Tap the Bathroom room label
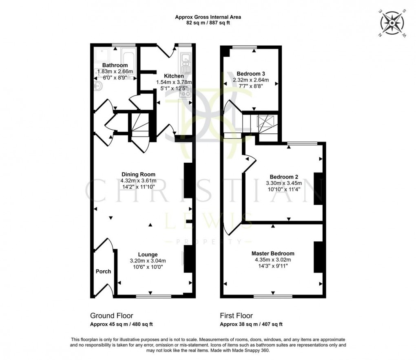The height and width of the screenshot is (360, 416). click(115, 65)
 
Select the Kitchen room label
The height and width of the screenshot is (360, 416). click(174, 76)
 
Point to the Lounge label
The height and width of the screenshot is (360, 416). click(148, 254)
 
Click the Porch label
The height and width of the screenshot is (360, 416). click(103, 272)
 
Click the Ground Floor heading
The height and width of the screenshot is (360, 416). click(111, 316)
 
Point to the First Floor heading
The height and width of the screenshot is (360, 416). click(236, 316)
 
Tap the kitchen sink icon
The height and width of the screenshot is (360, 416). click(186, 61)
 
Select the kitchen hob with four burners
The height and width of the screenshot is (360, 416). click(186, 92)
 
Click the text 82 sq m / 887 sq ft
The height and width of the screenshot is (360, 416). click(208, 23)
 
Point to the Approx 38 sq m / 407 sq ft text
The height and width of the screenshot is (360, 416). click(251, 325)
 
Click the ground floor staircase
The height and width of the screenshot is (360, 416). click(139, 128)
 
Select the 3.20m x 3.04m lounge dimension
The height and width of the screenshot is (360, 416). click(148, 261)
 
